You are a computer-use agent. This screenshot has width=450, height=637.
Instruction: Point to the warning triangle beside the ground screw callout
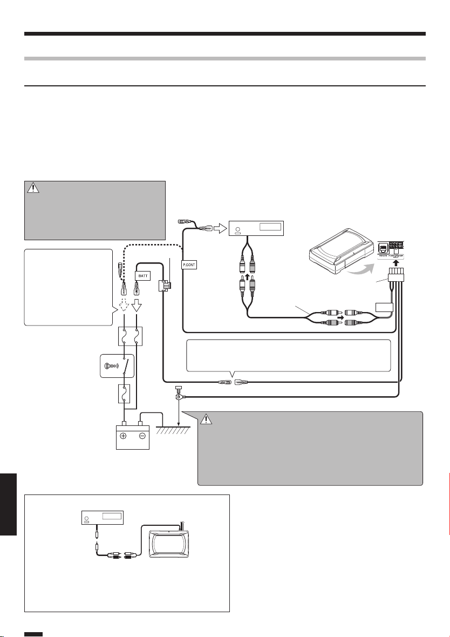pyautogui.click(x=208, y=419)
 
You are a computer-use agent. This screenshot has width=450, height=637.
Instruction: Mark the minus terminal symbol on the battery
pyautogui.click(x=142, y=435)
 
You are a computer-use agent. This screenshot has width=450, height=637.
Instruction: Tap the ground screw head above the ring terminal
pyautogui.click(x=178, y=388)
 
